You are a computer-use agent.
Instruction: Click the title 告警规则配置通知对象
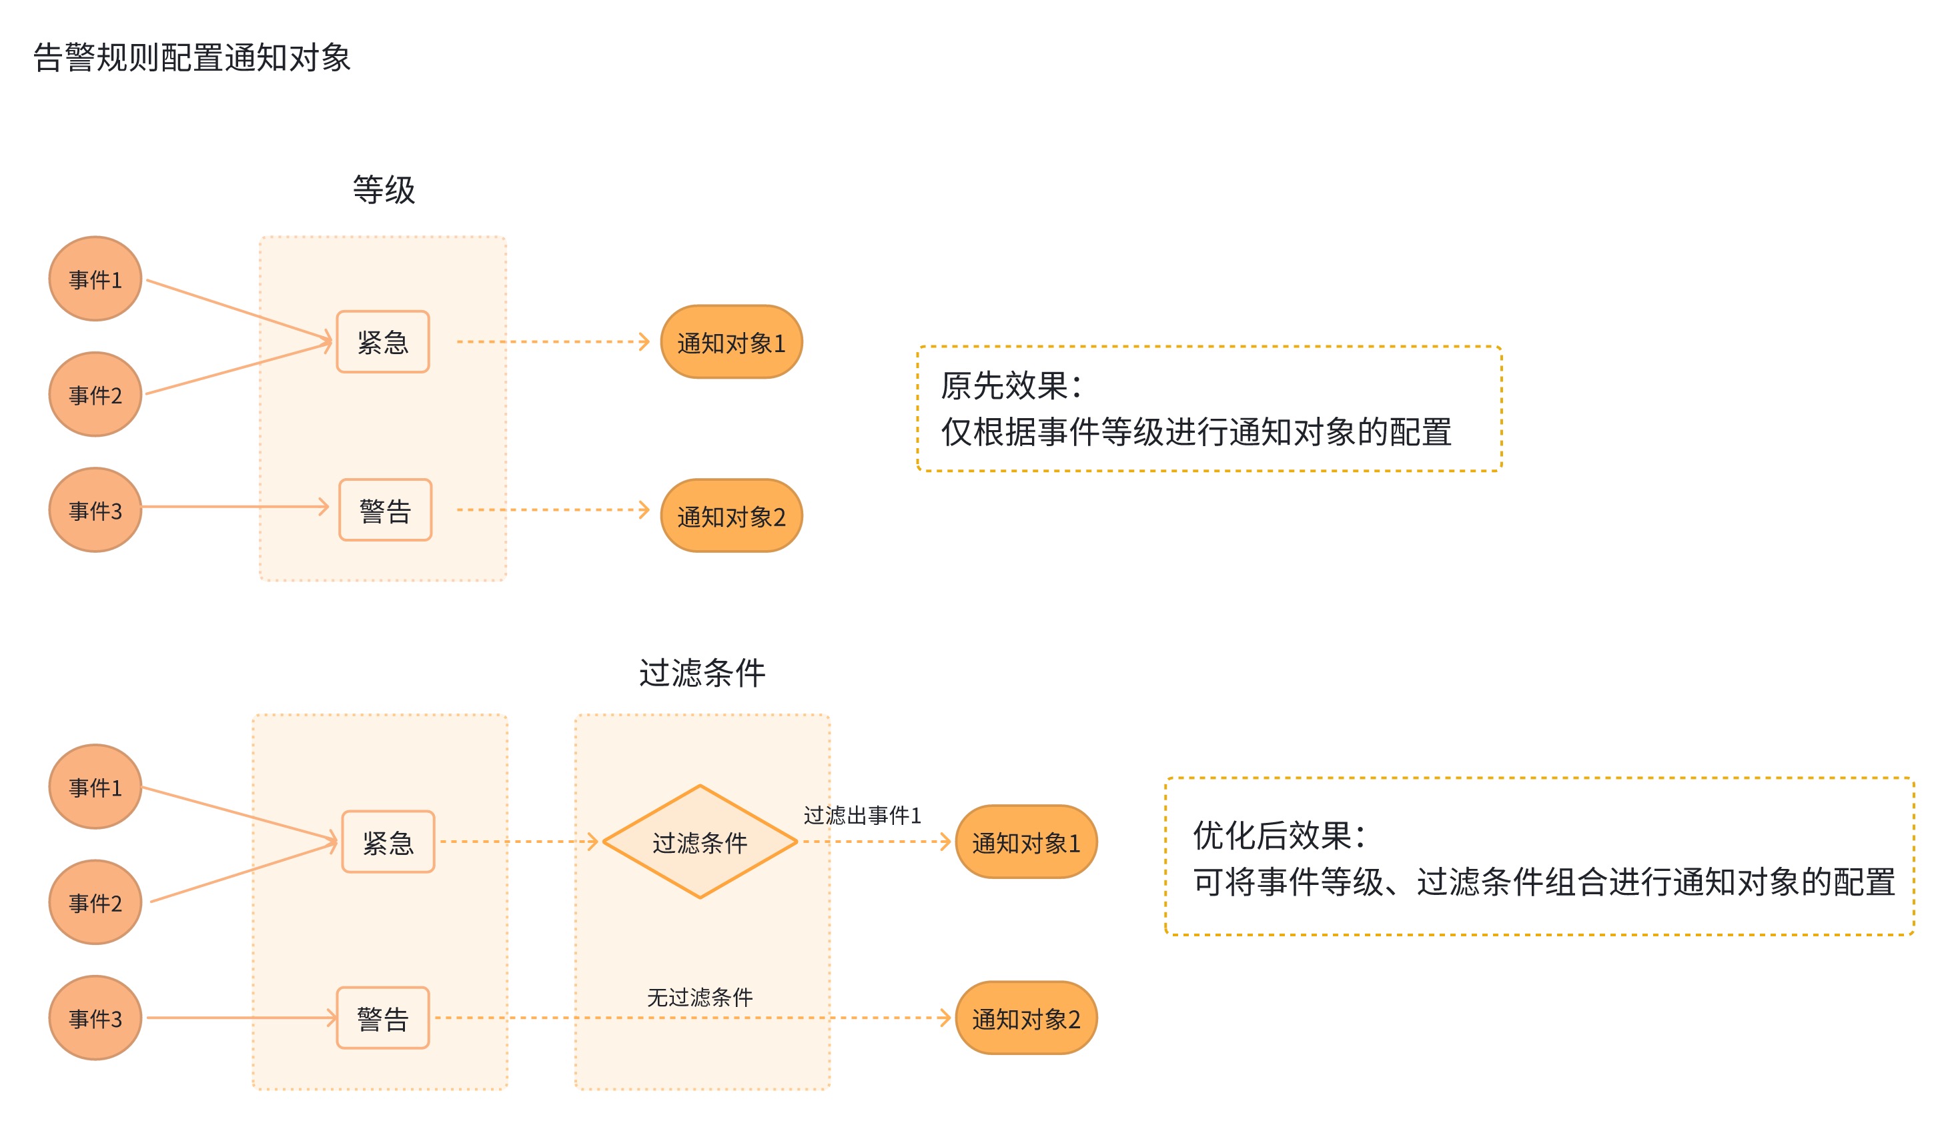pyautogui.click(x=192, y=58)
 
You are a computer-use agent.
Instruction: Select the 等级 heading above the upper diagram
pyautogui.click(x=384, y=190)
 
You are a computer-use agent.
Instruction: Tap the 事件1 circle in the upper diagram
pyautogui.click(x=95, y=279)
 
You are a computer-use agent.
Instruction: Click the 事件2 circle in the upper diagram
pyautogui.click(x=95, y=395)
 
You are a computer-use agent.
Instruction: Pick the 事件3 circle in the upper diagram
pyautogui.click(x=95, y=510)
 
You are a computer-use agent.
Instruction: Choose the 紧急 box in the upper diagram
pyautogui.click(x=383, y=341)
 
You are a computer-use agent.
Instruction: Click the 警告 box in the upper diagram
pyautogui.click(x=385, y=510)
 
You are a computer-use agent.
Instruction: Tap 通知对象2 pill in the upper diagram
pyautogui.click(x=731, y=516)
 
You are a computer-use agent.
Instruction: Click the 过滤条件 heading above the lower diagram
pyautogui.click(x=702, y=673)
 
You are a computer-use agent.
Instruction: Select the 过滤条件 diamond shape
pyautogui.click(x=700, y=842)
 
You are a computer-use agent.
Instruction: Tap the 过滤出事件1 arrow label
pyautogui.click(x=862, y=816)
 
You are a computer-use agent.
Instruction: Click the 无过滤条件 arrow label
pyautogui.click(x=700, y=997)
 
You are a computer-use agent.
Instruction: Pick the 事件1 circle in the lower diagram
pyautogui.click(x=95, y=787)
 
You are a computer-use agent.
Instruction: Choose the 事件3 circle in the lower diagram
pyautogui.click(x=95, y=1018)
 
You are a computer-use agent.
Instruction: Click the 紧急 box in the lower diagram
pyautogui.click(x=388, y=842)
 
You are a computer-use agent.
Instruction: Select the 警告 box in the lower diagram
pyautogui.click(x=383, y=1018)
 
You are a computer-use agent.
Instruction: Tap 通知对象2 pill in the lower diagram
pyautogui.click(x=1026, y=1019)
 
